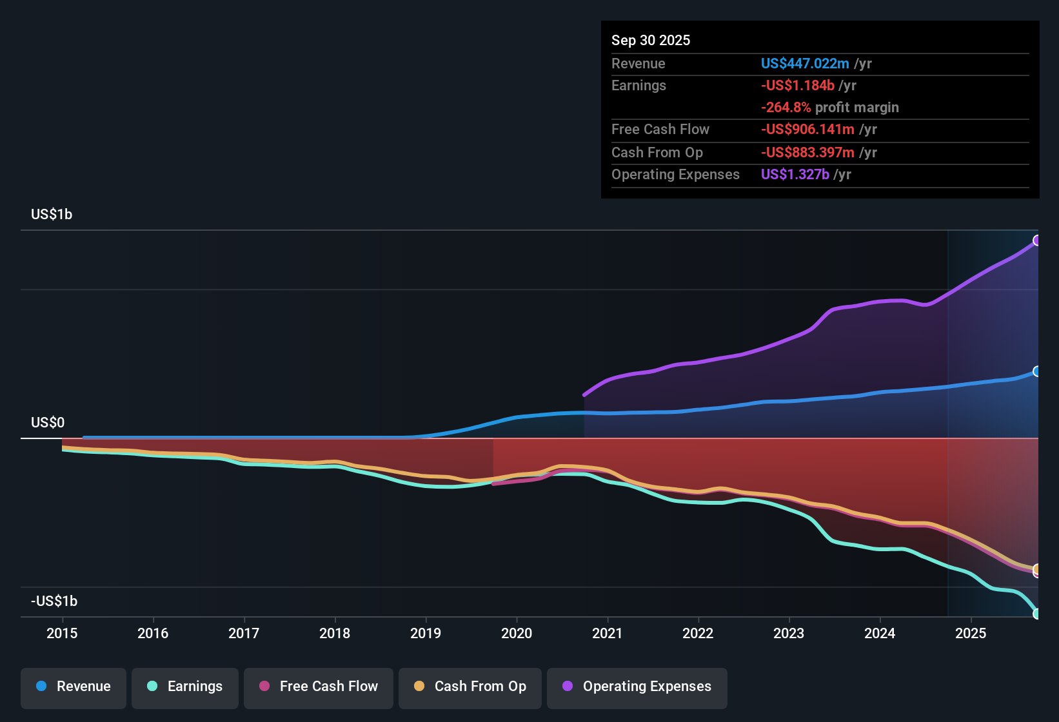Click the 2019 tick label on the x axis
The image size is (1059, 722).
(x=426, y=633)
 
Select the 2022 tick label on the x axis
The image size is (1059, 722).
(x=698, y=633)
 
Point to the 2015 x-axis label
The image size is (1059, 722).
(x=62, y=633)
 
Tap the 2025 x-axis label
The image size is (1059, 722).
(x=970, y=633)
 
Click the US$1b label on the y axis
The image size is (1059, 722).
(x=52, y=214)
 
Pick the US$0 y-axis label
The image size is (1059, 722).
(x=48, y=422)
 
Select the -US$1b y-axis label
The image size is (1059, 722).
(x=54, y=601)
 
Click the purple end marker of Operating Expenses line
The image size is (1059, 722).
(x=1037, y=240)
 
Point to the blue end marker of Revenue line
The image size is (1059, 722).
(x=1037, y=371)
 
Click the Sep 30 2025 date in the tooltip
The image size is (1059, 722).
(x=650, y=40)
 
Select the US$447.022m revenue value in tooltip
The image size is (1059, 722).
(x=804, y=63)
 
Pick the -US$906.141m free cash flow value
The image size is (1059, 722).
(x=807, y=129)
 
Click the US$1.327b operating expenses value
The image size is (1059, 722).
(x=795, y=174)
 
